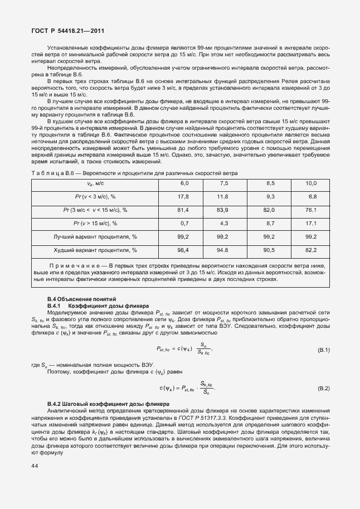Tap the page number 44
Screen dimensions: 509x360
(35, 466)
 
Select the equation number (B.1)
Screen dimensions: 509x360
(323, 350)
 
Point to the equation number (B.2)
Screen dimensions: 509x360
(323, 387)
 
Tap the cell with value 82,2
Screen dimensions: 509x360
(310, 250)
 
